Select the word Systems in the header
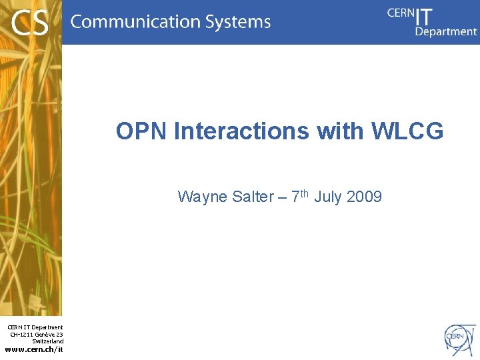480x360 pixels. [x=238, y=22]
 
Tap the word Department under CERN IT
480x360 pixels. [x=446, y=31]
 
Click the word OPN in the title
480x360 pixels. [x=141, y=131]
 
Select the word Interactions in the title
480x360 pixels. [x=241, y=131]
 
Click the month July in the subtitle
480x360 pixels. [x=328, y=197]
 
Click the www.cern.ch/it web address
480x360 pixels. [x=34, y=349]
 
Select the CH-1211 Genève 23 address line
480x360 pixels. [x=37, y=334]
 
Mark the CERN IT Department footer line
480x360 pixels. [x=35, y=327]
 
